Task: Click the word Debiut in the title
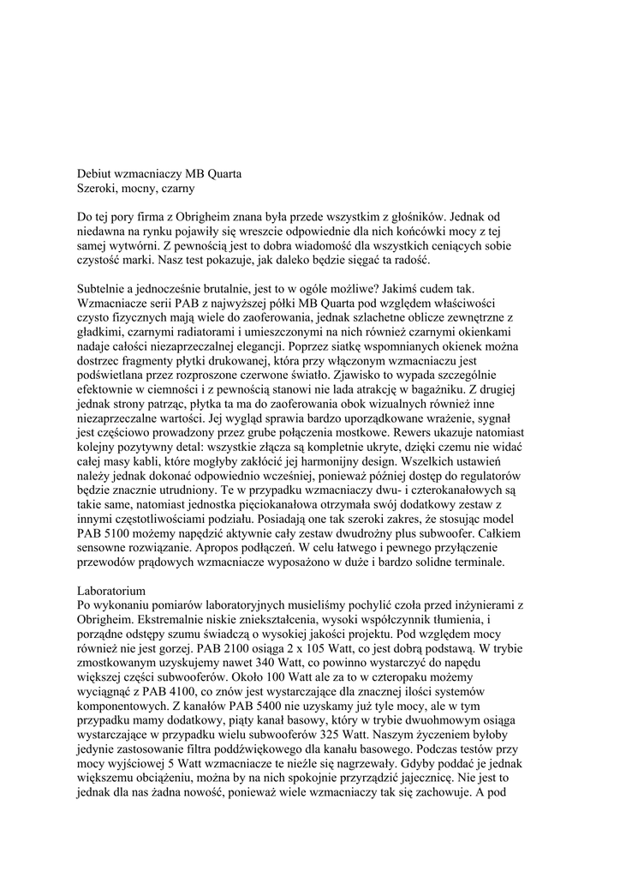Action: pos(96,173)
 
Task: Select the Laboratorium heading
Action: pos(112,591)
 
